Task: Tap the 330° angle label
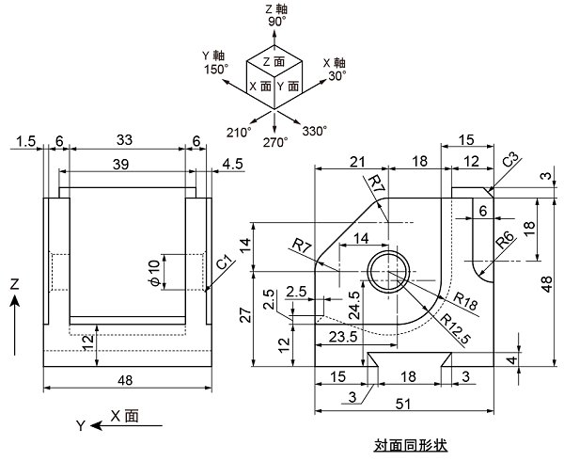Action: (x=314, y=131)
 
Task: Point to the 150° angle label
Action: (x=217, y=69)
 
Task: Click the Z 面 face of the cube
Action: (x=274, y=61)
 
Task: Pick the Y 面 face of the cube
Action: (x=289, y=86)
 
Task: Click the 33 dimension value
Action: (x=124, y=139)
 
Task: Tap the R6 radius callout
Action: (x=504, y=240)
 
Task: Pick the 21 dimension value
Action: (x=358, y=162)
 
